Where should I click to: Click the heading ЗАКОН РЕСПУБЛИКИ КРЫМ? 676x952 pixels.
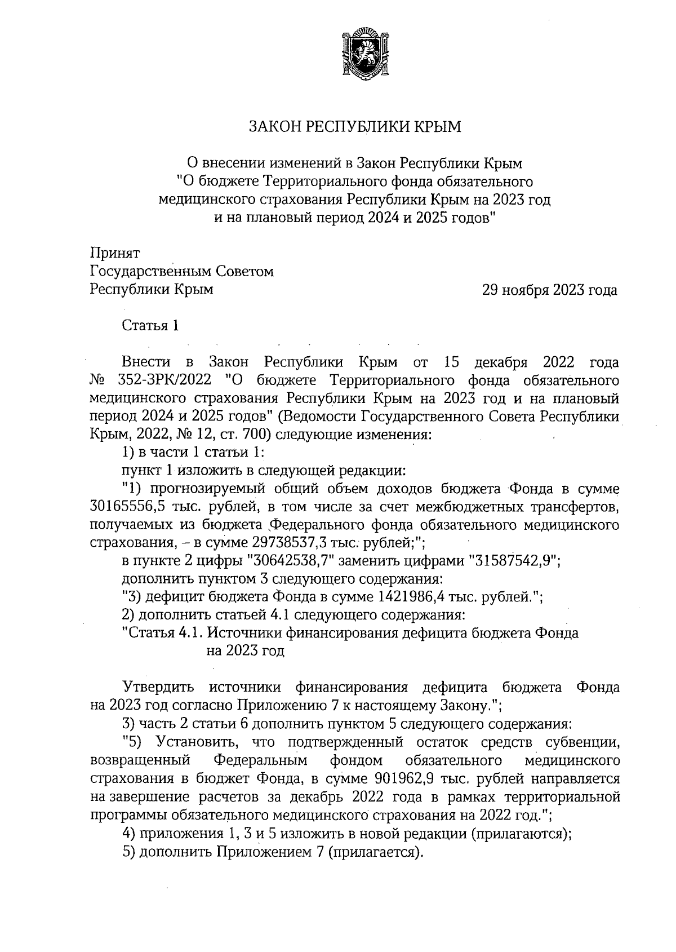coord(355,126)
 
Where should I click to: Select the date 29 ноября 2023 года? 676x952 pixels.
coord(549,290)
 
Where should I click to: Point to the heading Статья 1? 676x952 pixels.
coord(150,326)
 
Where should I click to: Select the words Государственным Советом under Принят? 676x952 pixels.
coord(182,272)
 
